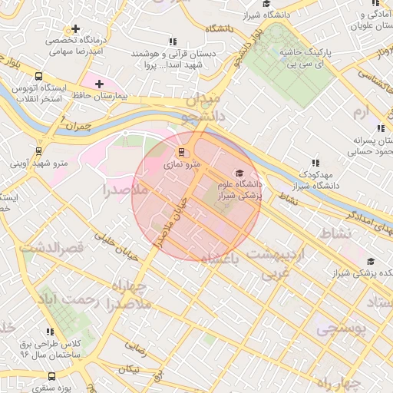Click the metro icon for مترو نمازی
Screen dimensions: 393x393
coord(182,151)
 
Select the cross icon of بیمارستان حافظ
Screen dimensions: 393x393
coord(99,83)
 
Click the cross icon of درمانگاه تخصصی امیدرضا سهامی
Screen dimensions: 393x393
coord(75,28)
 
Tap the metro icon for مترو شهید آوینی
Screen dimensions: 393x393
coord(38,151)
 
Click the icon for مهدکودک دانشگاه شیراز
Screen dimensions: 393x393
coord(315,162)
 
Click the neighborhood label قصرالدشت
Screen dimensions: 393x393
coord(50,248)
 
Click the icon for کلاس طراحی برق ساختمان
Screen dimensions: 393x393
coord(50,332)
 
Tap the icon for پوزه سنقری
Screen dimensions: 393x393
coord(51,376)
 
